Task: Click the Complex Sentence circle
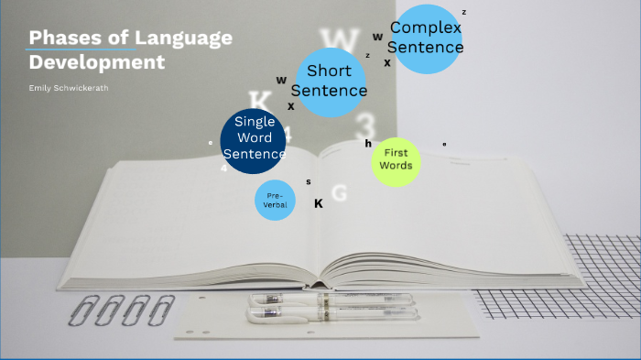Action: (x=426, y=38)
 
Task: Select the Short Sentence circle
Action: (x=329, y=81)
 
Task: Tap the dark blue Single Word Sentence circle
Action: (x=254, y=139)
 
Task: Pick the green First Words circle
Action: (x=397, y=159)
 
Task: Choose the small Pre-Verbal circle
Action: (x=276, y=201)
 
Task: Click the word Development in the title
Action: (x=97, y=63)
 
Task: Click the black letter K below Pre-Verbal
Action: (x=319, y=203)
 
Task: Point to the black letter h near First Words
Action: (x=368, y=144)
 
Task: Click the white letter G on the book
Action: (x=339, y=193)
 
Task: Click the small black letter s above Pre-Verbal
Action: (x=309, y=181)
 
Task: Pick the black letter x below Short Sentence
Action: (x=291, y=106)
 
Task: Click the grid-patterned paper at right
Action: (x=586, y=275)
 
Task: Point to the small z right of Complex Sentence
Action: (x=464, y=13)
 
